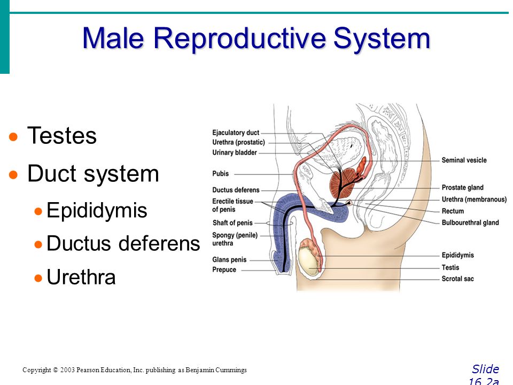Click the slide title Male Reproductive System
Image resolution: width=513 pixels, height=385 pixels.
[x=256, y=38]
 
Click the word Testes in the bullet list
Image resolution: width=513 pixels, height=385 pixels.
[x=61, y=136]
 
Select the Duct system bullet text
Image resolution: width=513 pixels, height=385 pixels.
[x=93, y=174]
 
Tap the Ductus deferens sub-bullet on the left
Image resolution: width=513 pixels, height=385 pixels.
[x=123, y=244]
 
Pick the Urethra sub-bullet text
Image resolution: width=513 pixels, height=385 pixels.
[x=81, y=278]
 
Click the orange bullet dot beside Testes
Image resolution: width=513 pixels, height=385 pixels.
[x=14, y=137]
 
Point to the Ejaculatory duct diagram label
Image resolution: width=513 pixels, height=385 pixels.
[x=236, y=133]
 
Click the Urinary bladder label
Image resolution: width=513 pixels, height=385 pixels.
[x=235, y=153]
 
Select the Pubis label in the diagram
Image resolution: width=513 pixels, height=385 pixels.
[x=220, y=174]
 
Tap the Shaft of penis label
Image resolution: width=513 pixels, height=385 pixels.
[x=232, y=223]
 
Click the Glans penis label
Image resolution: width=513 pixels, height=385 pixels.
[x=229, y=260]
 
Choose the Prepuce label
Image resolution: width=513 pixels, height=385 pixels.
[x=224, y=269]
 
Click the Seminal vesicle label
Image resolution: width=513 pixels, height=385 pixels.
[x=464, y=160]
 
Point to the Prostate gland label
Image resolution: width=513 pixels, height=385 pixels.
[x=462, y=188]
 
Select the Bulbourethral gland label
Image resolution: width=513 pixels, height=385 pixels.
[x=470, y=223]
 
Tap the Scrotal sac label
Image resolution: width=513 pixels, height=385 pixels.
[x=457, y=279]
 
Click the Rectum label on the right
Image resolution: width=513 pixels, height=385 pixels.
[x=453, y=211]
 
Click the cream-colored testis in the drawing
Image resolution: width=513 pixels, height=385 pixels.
[x=308, y=260]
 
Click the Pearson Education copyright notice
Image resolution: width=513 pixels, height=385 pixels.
[x=135, y=370]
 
